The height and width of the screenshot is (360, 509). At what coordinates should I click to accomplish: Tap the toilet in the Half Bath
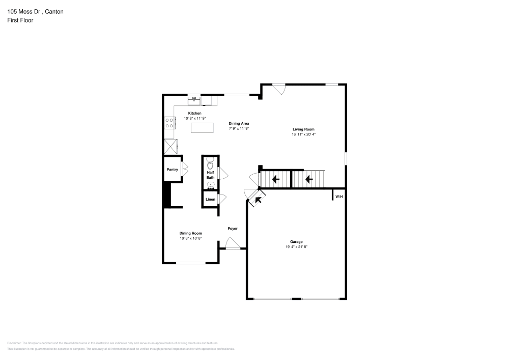pos(210,163)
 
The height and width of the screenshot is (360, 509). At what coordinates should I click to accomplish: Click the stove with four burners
pos(169,123)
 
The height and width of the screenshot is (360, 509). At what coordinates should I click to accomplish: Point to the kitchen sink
pos(194,100)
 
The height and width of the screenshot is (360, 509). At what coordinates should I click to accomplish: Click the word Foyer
pos(232,229)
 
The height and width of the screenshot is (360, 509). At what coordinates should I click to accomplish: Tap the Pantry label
pos(173,170)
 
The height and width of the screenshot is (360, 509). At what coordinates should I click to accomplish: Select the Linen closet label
pos(210,199)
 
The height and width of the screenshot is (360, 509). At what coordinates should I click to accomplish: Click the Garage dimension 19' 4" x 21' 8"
pos(296,247)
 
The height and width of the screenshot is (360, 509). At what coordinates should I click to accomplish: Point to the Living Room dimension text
pos(303,135)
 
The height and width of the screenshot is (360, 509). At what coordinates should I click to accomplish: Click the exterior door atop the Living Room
pos(278,89)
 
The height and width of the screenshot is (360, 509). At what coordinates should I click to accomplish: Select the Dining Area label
pos(239,123)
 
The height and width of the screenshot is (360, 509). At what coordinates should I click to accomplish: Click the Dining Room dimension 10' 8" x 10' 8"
pos(191,238)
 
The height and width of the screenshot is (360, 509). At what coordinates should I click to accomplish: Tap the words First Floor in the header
pos(20,20)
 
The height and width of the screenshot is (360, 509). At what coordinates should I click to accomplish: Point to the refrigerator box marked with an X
pos(171,146)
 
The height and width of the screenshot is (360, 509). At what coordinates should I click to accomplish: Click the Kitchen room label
pos(194,113)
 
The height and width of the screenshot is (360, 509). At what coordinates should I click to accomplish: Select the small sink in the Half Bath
pos(210,186)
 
